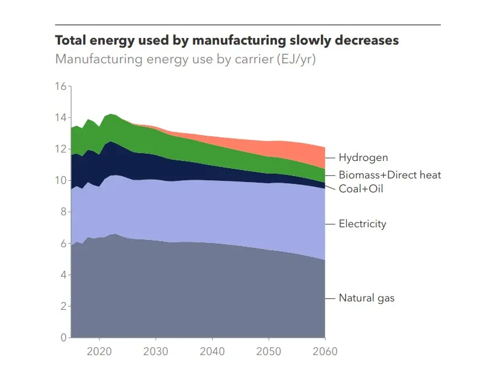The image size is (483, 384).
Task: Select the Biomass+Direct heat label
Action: [390, 175]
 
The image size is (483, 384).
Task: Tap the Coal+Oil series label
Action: [361, 189]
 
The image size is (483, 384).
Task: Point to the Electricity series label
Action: [362, 224]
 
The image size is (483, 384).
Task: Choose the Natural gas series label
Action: [366, 298]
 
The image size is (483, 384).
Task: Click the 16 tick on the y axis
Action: [60, 86]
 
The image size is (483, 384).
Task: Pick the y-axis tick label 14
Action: [60, 118]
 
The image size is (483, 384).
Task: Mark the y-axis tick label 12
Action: [60, 149]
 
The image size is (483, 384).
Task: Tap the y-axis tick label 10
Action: [60, 180]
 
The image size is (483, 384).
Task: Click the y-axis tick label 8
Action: [63, 212]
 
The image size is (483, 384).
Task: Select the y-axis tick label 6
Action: [63, 244]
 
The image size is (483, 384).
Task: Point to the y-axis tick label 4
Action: [63, 275]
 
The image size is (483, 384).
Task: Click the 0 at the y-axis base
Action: [63, 338]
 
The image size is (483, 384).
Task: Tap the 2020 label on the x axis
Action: [99, 351]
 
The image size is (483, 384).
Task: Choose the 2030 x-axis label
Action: [155, 351]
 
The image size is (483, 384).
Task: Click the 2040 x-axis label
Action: [212, 351]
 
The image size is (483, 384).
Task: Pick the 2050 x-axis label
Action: [269, 351]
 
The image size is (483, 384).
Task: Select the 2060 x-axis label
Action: [325, 351]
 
